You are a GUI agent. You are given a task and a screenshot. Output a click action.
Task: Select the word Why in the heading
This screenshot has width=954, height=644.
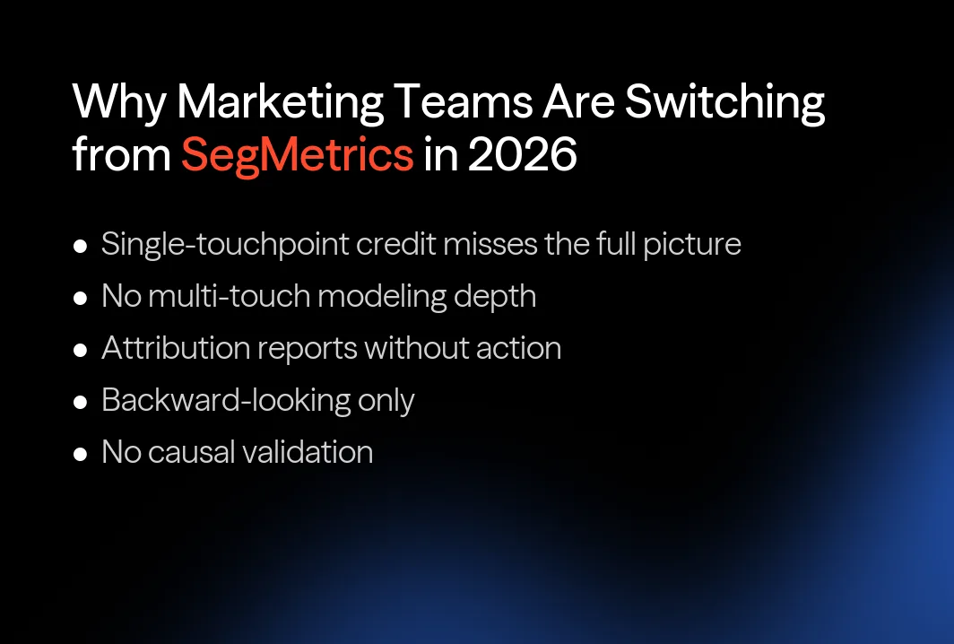118,103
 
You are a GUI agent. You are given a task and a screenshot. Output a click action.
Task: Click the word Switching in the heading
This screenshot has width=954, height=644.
724,103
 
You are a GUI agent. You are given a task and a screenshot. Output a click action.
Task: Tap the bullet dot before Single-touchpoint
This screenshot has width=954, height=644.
81,246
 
